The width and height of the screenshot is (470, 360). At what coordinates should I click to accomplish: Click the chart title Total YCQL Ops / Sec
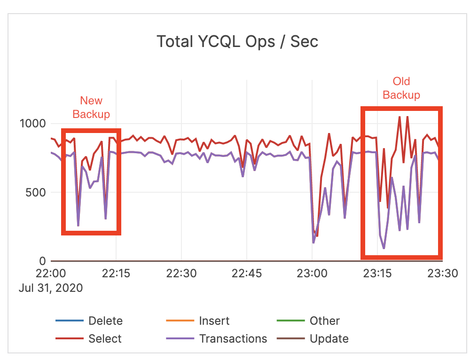(x=237, y=41)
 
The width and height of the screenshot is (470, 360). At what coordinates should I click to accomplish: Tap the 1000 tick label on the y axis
(x=32, y=124)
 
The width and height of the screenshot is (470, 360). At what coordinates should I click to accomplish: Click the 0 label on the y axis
(x=42, y=261)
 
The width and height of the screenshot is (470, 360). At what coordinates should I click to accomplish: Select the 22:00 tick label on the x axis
(x=51, y=274)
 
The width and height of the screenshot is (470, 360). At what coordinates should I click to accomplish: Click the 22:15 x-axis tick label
(x=116, y=274)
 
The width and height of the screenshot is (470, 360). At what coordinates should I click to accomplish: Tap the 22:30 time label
(x=181, y=274)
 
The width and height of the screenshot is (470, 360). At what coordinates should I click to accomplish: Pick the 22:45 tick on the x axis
(x=247, y=274)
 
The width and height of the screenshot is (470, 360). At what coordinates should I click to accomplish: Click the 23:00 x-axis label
(x=312, y=274)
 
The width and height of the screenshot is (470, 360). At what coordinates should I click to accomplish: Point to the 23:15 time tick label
(x=377, y=274)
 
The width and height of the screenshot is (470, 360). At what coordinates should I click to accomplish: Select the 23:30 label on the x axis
(x=442, y=274)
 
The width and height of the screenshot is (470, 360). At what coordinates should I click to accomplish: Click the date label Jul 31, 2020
(x=51, y=288)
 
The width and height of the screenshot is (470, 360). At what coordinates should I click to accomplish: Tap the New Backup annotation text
(x=91, y=107)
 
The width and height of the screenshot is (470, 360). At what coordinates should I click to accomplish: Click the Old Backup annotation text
(x=401, y=88)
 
